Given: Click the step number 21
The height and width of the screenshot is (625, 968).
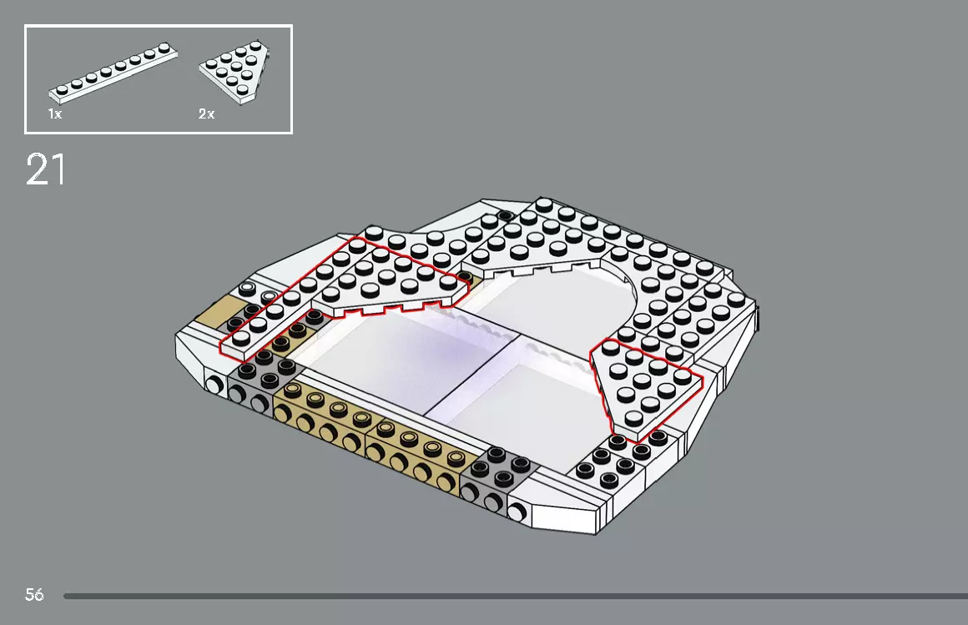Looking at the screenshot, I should point(45,170).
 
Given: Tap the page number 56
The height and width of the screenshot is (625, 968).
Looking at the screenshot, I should point(34,595).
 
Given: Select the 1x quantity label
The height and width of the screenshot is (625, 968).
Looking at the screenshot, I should point(54,114).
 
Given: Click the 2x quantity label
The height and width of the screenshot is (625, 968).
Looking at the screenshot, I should point(206,114).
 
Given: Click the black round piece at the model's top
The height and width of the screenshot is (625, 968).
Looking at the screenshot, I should point(504,216).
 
